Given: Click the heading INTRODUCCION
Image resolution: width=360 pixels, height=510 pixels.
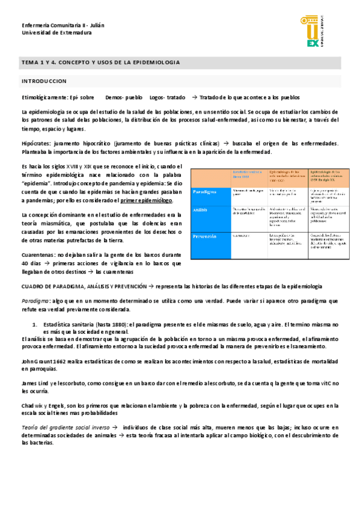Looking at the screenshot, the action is (44, 81).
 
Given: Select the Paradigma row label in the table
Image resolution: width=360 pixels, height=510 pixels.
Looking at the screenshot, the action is (205, 192).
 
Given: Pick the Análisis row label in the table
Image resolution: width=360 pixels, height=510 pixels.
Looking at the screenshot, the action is (201, 210).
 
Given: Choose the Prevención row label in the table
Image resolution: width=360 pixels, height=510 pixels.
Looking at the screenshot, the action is (205, 236).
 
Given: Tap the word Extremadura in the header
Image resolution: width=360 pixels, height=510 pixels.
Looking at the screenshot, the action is (71, 33).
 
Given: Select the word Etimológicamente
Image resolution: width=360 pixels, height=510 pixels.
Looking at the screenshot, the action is (44, 97).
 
